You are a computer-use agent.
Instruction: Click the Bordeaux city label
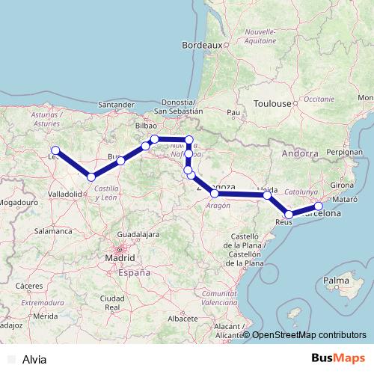[203, 45]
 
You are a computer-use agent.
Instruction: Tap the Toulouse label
[271, 103]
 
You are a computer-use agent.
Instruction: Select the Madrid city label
[120, 258]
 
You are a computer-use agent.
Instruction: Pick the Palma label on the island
[337, 281]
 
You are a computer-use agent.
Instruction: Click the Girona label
[341, 184]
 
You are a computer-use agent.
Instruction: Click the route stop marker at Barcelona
[318, 206]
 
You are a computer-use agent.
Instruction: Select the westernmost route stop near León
[55, 150]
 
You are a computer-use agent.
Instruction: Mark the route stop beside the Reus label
[289, 215]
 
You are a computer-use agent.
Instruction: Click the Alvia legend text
[34, 359]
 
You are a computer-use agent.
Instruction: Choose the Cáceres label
[28, 286]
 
